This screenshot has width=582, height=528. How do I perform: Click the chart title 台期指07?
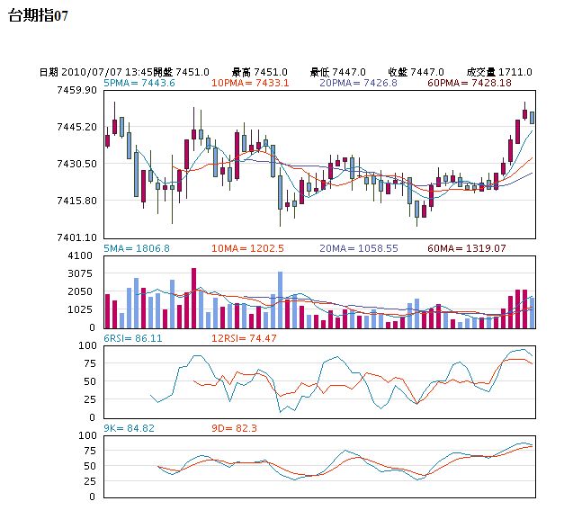[37, 15]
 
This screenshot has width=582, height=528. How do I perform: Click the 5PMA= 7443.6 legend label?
[139, 83]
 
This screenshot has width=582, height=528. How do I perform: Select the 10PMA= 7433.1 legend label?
[250, 83]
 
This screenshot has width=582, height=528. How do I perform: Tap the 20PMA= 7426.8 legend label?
[358, 83]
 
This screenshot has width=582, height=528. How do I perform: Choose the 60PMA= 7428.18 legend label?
[470, 83]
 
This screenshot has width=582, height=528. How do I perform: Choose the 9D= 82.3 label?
[234, 428]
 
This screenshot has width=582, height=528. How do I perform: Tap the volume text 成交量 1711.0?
[498, 72]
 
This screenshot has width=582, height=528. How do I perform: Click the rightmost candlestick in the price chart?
[532, 117]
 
